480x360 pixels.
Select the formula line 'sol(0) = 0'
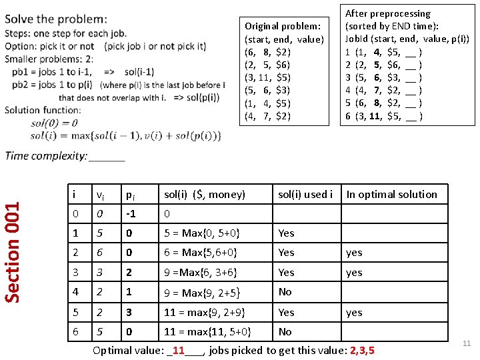pyautogui.click(x=54, y=123)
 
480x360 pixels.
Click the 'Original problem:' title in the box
pyautogui.click(x=283, y=27)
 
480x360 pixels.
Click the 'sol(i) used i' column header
pyautogui.click(x=305, y=195)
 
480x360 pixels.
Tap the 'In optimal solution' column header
pyautogui.click(x=392, y=195)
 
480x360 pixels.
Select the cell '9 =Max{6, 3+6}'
pyautogui.click(x=199, y=273)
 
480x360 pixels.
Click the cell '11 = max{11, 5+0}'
pyautogui.click(x=207, y=331)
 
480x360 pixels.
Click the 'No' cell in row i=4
pyautogui.click(x=285, y=292)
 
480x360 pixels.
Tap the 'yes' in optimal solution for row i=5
pyautogui.click(x=354, y=312)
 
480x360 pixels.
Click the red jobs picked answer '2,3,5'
pyautogui.click(x=362, y=350)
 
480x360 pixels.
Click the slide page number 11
pyautogui.click(x=467, y=343)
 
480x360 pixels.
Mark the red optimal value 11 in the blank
pyautogui.click(x=178, y=350)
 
